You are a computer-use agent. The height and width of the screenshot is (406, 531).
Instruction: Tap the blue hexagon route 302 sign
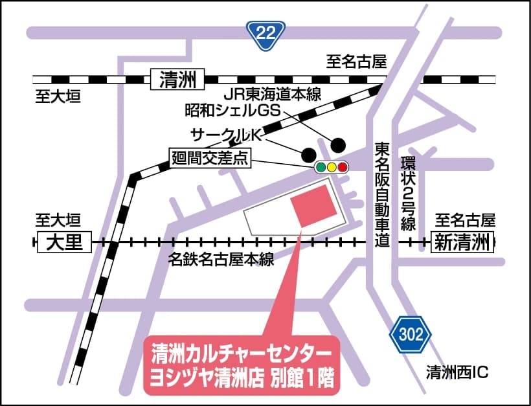(410, 335)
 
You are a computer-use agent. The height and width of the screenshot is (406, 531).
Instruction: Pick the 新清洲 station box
(462, 242)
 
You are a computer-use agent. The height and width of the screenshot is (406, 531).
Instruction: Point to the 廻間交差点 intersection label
(210, 159)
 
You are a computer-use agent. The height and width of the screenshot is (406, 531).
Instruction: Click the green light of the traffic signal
(321, 168)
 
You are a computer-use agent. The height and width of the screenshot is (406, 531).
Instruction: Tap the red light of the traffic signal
(343, 168)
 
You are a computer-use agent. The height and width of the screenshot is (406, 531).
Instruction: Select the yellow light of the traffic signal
(332, 168)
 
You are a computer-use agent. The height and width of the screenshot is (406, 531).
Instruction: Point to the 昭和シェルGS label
(232, 111)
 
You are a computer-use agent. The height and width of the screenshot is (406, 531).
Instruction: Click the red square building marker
(314, 205)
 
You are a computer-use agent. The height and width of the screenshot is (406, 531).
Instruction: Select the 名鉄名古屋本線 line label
(220, 261)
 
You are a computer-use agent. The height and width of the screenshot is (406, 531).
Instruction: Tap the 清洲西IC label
(456, 372)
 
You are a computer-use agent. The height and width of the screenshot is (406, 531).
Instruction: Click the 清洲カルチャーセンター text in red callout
(241, 355)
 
